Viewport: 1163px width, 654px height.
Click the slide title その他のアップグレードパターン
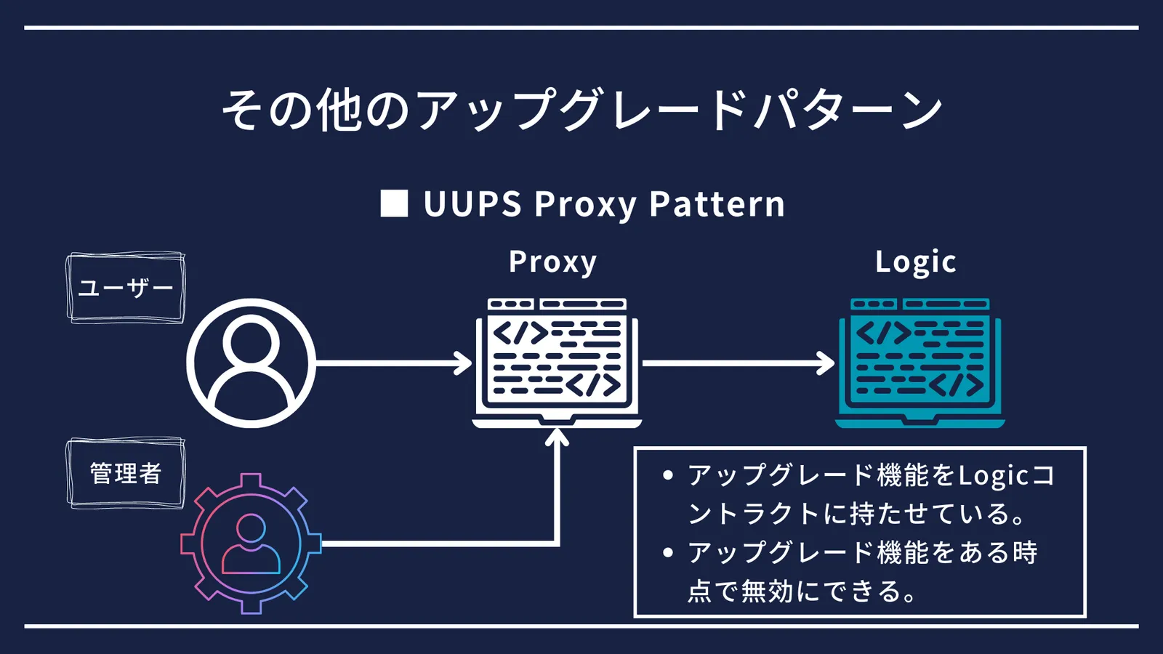point(581,110)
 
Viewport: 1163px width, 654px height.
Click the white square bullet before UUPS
point(394,203)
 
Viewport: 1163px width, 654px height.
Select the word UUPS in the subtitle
point(472,203)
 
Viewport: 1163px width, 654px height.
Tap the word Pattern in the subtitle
point(717,203)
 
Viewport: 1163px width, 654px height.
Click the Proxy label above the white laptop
point(552,262)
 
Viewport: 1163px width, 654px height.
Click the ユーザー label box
point(126,288)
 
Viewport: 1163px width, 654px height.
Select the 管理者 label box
point(126,473)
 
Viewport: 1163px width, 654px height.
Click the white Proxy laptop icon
point(557,363)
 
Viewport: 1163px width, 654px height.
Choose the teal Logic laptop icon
point(920,363)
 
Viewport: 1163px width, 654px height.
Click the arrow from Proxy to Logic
point(739,363)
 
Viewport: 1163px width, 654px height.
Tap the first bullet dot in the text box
point(668,475)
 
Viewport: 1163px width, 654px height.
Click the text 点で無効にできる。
point(802,592)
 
